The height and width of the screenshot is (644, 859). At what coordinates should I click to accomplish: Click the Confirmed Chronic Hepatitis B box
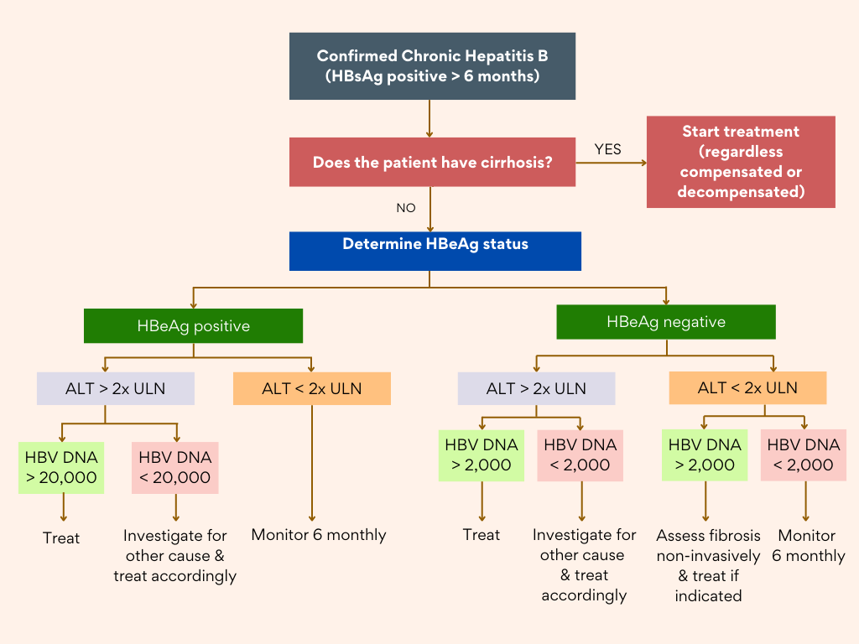coord(432,66)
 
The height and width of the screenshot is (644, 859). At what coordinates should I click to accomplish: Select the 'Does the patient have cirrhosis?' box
coord(432,162)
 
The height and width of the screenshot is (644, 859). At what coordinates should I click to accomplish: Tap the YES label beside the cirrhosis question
coord(608,149)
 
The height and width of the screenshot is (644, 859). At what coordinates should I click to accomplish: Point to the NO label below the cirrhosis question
coord(406,208)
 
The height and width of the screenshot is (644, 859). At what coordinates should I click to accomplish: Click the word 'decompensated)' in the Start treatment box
coord(741,191)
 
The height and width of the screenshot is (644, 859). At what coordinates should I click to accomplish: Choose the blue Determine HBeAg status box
coord(435,251)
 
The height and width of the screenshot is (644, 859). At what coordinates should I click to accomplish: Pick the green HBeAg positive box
coord(193,326)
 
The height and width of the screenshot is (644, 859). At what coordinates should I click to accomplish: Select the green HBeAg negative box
coord(666,322)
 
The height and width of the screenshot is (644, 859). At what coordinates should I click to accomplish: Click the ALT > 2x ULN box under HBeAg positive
coord(116,388)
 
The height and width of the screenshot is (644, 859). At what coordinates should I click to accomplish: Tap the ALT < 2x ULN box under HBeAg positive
coord(312,388)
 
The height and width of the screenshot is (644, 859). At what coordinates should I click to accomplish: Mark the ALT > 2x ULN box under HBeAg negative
coord(536,388)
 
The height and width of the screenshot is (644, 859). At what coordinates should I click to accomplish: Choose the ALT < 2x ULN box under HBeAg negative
coord(747,388)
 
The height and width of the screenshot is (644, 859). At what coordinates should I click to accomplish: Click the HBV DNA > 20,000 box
coord(60,467)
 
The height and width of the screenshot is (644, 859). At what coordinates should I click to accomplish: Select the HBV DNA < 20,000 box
coord(175,467)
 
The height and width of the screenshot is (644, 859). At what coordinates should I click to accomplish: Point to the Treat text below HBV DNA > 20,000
coord(60,538)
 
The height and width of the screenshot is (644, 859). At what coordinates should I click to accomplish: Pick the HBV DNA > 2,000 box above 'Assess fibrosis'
coord(705,454)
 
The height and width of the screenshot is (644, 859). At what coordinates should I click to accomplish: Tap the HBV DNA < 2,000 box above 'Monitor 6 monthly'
coord(804,454)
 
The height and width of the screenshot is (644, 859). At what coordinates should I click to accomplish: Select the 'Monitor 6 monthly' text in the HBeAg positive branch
coord(319,535)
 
